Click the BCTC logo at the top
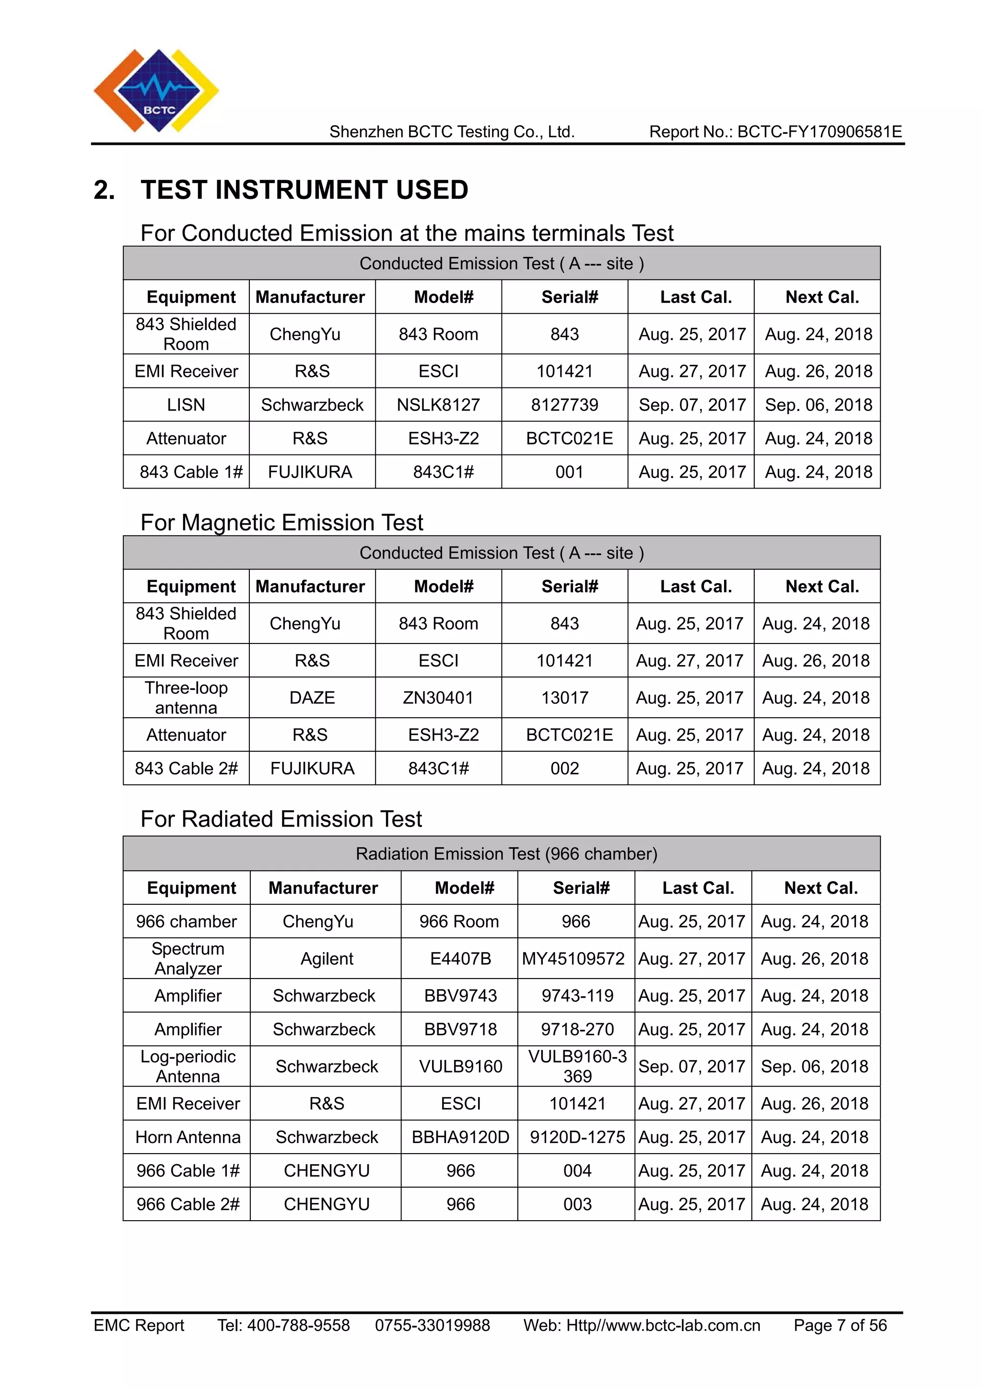(156, 91)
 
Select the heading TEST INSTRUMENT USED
(304, 190)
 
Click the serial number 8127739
(564, 405)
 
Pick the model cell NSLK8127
(438, 405)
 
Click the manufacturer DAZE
(312, 698)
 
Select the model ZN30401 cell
(438, 698)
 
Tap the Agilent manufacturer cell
(326, 958)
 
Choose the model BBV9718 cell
(460, 1029)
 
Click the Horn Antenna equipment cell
(187, 1137)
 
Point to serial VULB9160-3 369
(577, 1066)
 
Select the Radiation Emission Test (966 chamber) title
(506, 853)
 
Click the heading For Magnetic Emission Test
(281, 523)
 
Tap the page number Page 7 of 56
(840, 1326)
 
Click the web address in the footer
(642, 1326)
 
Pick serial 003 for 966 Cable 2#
(577, 1204)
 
